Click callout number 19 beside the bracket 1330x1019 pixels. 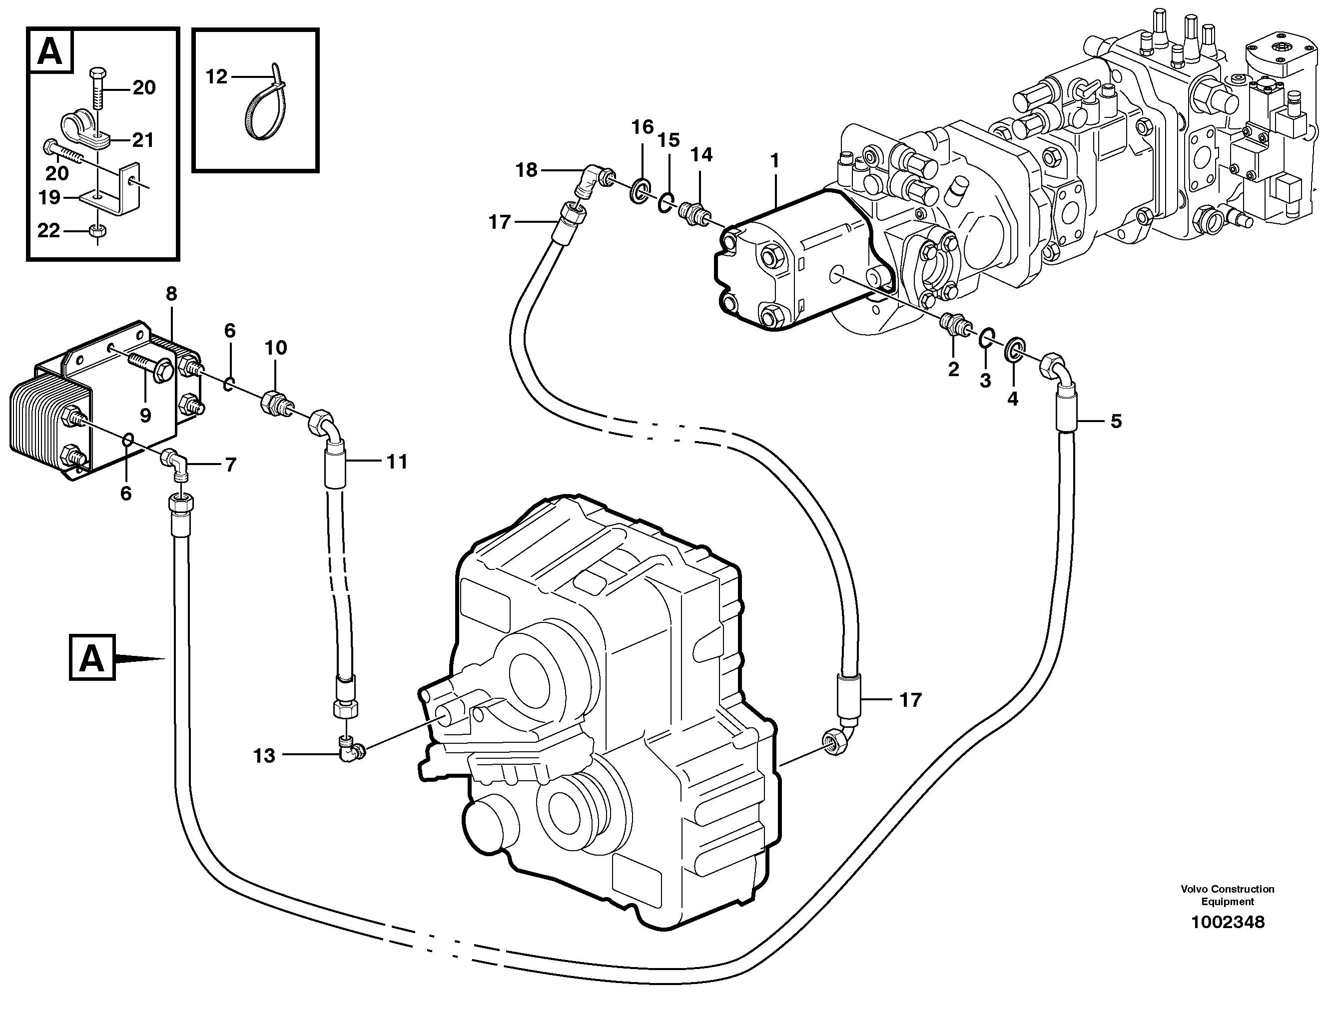click(49, 197)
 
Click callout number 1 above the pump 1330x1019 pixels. click(774, 161)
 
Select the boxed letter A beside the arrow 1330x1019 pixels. click(91, 657)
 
